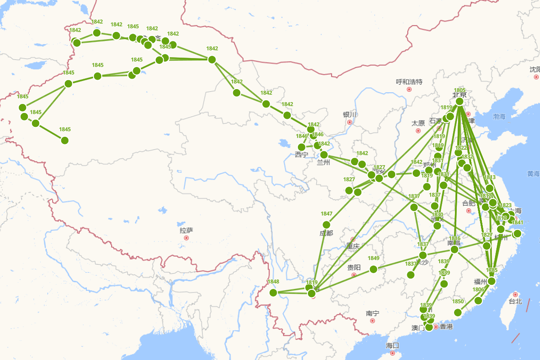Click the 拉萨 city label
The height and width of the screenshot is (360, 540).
pyautogui.click(x=186, y=230)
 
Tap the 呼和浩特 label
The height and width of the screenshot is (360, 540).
pyautogui.click(x=409, y=82)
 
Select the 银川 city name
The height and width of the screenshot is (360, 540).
pyautogui.click(x=350, y=115)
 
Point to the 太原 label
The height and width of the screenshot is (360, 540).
pyautogui.click(x=418, y=123)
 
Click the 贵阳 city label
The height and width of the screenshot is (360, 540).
pyautogui.click(x=354, y=268)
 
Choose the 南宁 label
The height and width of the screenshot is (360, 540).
pyautogui.click(x=372, y=313)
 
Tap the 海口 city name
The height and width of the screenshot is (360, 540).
pyautogui.click(x=392, y=346)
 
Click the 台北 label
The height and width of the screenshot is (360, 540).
pyautogui.click(x=515, y=301)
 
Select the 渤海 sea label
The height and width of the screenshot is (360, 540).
pyautogui.click(x=499, y=117)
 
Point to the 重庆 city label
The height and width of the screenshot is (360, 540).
pyautogui.click(x=353, y=246)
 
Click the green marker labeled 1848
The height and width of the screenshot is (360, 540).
pyautogui.click(x=273, y=292)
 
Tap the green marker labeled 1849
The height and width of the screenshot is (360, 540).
pyautogui.click(x=373, y=269)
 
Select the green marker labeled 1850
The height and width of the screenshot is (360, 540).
pyautogui.click(x=458, y=312)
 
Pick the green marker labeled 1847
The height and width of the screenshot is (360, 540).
pyautogui.click(x=327, y=225)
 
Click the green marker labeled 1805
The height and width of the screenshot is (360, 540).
pyautogui.click(x=459, y=102)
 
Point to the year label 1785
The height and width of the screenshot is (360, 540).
pyautogui.click(x=492, y=270)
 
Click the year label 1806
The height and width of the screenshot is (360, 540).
pyautogui.click(x=479, y=290)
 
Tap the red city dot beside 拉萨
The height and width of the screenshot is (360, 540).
pyautogui.click(x=186, y=238)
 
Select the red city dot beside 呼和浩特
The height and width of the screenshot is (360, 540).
pyautogui.click(x=409, y=89)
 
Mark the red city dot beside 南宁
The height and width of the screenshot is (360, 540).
pyautogui.click(x=372, y=320)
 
